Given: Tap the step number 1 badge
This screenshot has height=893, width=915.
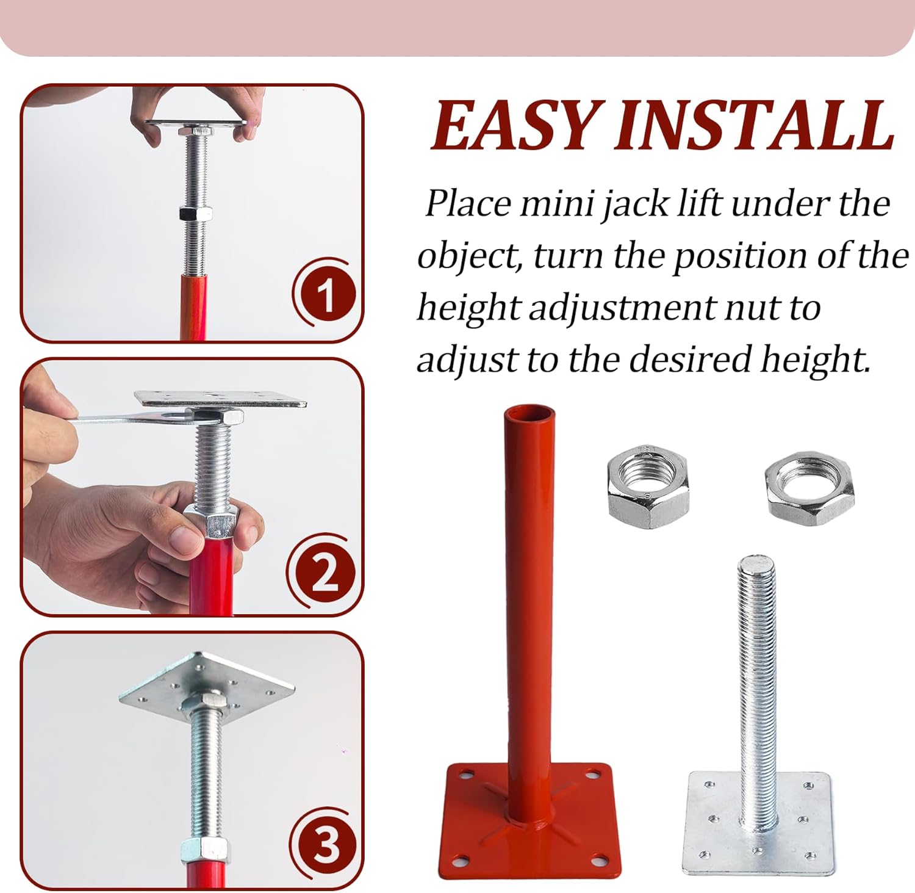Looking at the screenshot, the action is (x=326, y=296).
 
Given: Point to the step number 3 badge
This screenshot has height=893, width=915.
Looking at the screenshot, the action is (x=325, y=845).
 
